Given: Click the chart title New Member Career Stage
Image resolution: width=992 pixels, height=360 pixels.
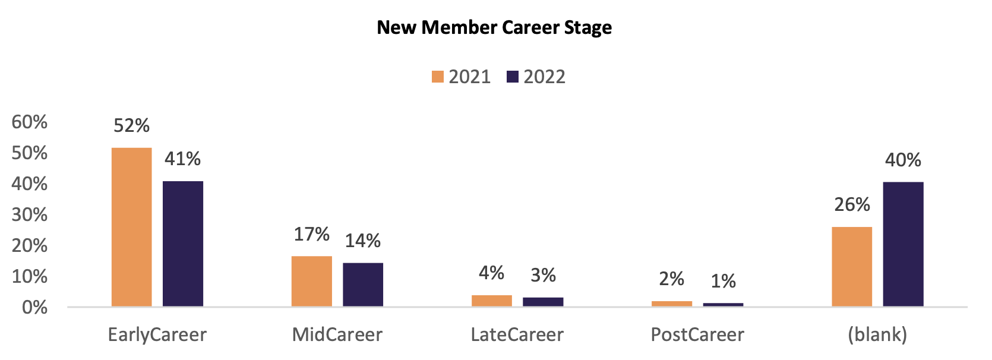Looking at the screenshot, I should [x=494, y=27].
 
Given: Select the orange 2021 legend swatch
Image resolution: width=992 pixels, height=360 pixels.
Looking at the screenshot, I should [x=438, y=77].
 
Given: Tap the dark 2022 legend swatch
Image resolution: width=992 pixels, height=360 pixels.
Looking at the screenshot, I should [x=513, y=77].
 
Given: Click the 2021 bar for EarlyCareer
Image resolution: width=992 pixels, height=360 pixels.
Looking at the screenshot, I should [x=131, y=227].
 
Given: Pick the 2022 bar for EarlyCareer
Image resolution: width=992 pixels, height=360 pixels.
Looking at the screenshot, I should [x=183, y=244].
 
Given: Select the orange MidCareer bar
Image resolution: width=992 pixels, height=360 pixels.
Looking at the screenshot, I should [x=312, y=281].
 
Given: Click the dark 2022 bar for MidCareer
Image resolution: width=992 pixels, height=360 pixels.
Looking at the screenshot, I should [x=363, y=285].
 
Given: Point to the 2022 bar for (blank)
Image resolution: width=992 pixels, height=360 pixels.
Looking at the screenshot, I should [x=903, y=244].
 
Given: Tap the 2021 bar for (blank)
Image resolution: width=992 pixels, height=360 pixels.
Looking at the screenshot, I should [x=852, y=266].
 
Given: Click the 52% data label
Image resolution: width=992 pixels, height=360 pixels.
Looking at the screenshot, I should [x=131, y=125].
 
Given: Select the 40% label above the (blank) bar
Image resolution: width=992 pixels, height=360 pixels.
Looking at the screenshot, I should [x=903, y=160].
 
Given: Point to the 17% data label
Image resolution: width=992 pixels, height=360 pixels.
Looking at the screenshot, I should [x=312, y=234].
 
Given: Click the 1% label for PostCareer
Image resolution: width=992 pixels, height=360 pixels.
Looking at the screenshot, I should [x=723, y=281].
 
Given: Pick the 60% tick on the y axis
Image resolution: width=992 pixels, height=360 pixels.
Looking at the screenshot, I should [x=30, y=122].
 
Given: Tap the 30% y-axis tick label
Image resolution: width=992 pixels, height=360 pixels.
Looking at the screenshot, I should [x=30, y=214].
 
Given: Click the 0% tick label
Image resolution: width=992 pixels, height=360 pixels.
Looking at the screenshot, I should [x=34, y=307].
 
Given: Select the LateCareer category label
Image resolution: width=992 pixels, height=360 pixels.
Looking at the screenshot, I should [x=517, y=334].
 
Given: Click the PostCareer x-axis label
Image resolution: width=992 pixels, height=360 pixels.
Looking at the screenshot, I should [x=697, y=334].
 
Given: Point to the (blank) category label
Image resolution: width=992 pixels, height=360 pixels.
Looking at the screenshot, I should [x=877, y=334].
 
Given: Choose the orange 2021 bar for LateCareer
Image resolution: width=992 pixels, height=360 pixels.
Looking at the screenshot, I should [x=492, y=301].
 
